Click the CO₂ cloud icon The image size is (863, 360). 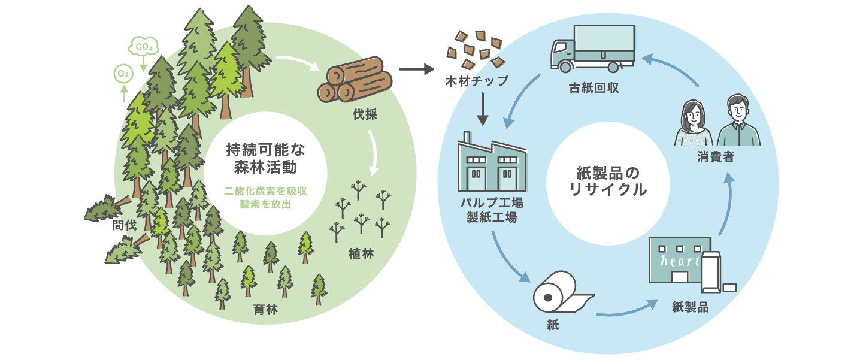[x=144, y=46]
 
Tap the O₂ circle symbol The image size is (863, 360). [x=123, y=74]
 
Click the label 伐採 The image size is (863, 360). [x=365, y=114]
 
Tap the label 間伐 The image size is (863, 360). [x=124, y=225]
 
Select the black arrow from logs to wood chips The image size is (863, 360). [x=416, y=69]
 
